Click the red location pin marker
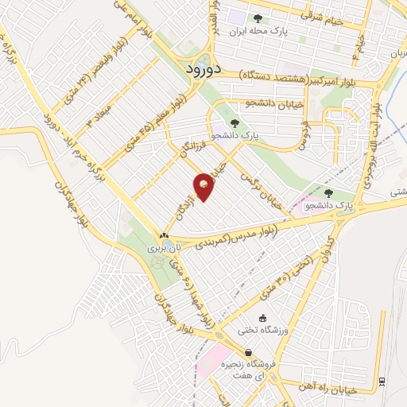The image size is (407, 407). click(x=204, y=186)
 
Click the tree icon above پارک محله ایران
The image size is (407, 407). click(x=257, y=18)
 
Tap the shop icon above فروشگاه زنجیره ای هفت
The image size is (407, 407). click(x=249, y=352)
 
